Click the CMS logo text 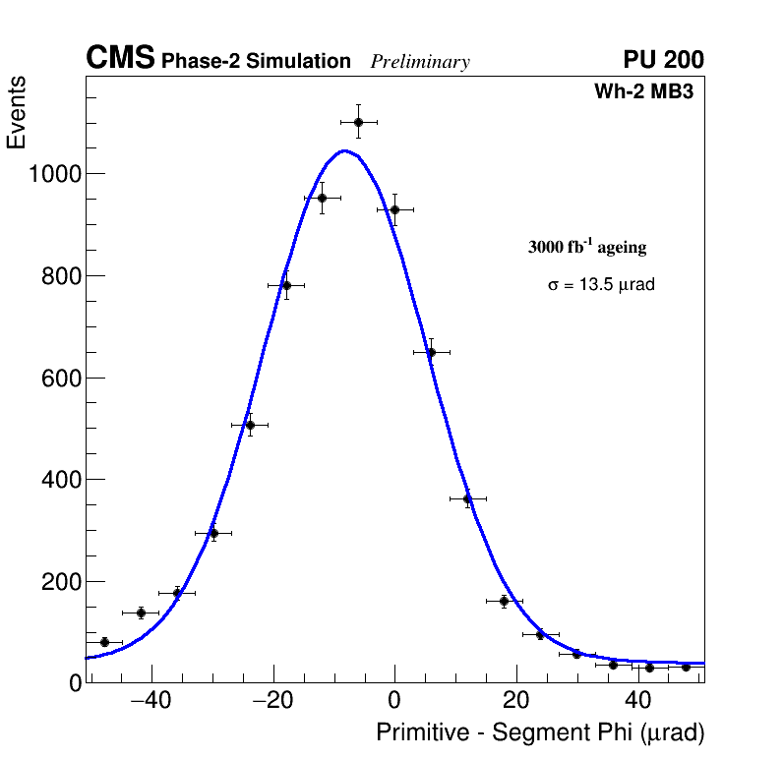tap(120, 59)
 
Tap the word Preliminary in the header tap(420, 62)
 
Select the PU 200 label tap(663, 60)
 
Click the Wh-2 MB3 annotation tap(650, 92)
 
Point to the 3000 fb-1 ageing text tap(587, 247)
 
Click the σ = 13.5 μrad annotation tap(601, 285)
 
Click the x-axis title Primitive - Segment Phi tap(540, 732)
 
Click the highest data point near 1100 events tap(358, 122)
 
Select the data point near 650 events tap(431, 352)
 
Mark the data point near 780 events tap(286, 286)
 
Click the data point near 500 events tap(250, 426)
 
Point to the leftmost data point tap(104, 642)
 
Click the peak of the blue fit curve tap(344, 150)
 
